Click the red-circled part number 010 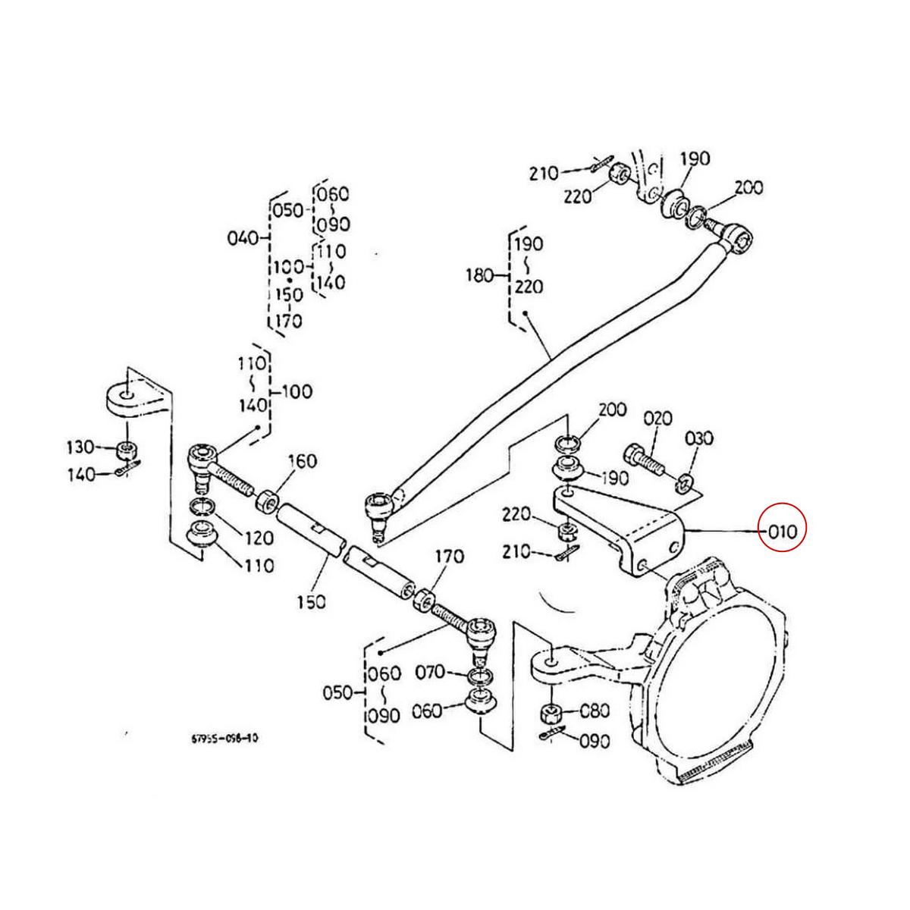coord(783,531)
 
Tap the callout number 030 coord(699,438)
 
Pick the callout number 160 coord(302,461)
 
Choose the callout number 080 coord(594,711)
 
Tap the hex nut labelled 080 coord(550,714)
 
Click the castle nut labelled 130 coord(127,450)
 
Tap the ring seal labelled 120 coord(201,506)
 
